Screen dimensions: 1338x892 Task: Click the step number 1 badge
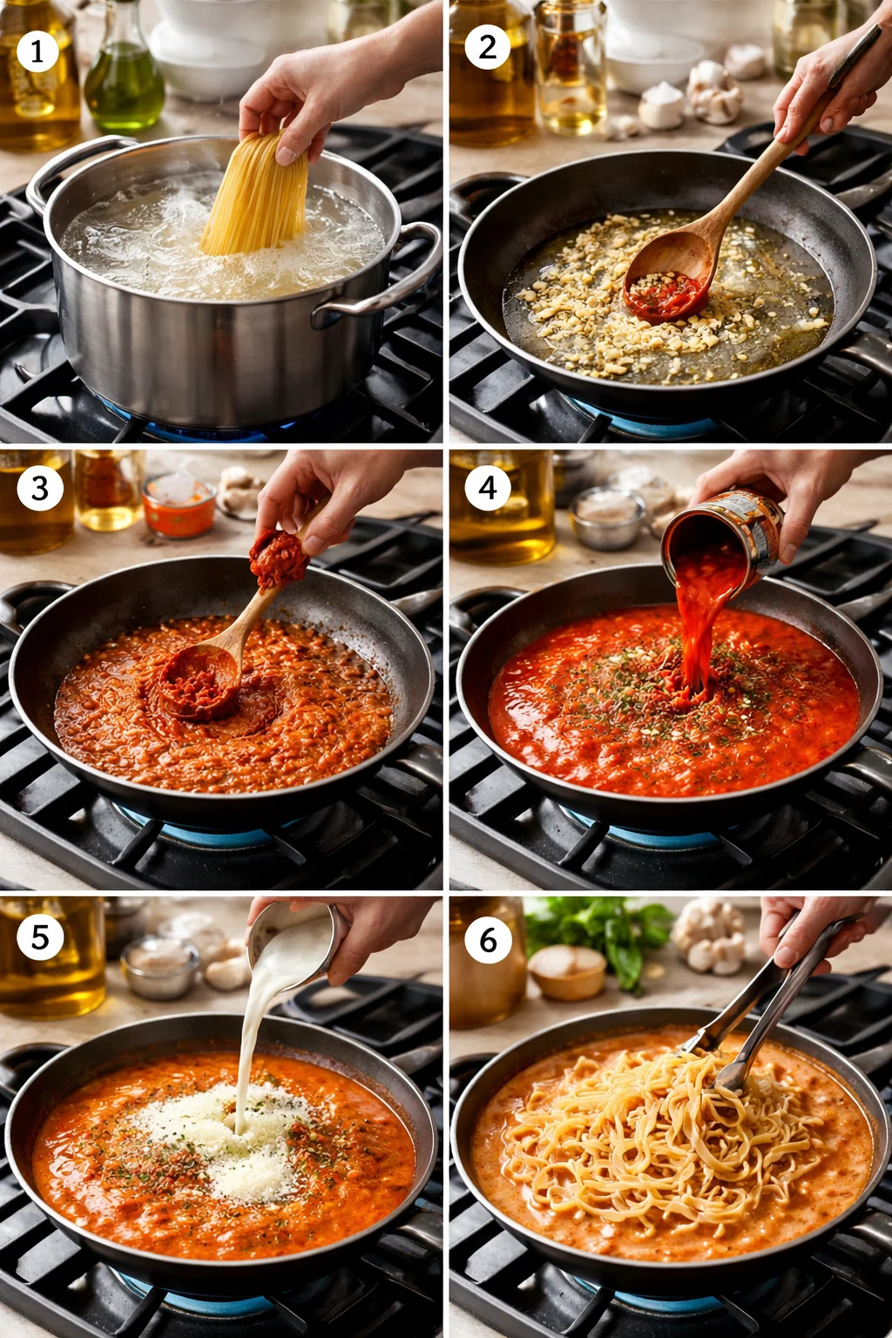(x=37, y=51)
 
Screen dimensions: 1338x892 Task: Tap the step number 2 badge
(x=487, y=46)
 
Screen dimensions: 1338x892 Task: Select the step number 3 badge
(x=40, y=488)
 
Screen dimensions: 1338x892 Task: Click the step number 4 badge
(x=488, y=488)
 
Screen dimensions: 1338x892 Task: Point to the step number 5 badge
(x=40, y=937)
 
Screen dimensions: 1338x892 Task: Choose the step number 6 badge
(x=488, y=940)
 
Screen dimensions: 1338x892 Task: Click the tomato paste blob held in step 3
(x=279, y=557)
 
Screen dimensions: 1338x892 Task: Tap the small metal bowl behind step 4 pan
(x=607, y=517)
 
